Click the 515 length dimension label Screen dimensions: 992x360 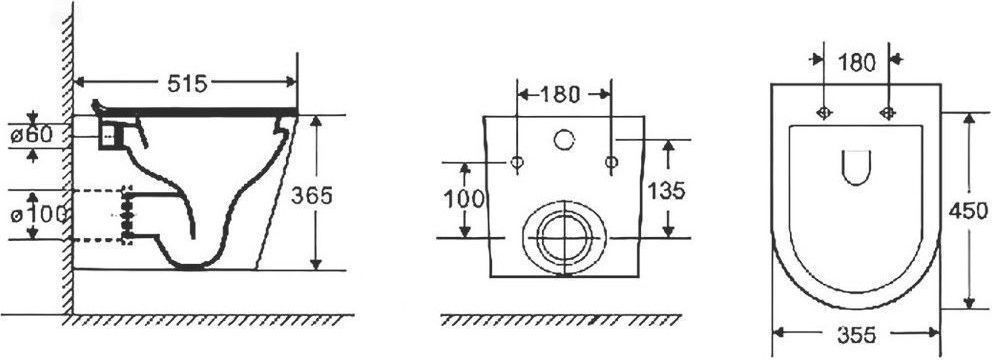187,83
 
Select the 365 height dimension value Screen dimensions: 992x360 311,196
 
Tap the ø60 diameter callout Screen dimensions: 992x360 38,134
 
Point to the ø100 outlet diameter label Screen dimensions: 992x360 39,214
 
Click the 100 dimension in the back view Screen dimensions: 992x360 463,199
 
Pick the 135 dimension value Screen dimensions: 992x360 665,190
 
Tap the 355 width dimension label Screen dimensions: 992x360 857,335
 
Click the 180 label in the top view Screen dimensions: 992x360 857,63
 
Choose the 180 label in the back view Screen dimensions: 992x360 559,94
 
